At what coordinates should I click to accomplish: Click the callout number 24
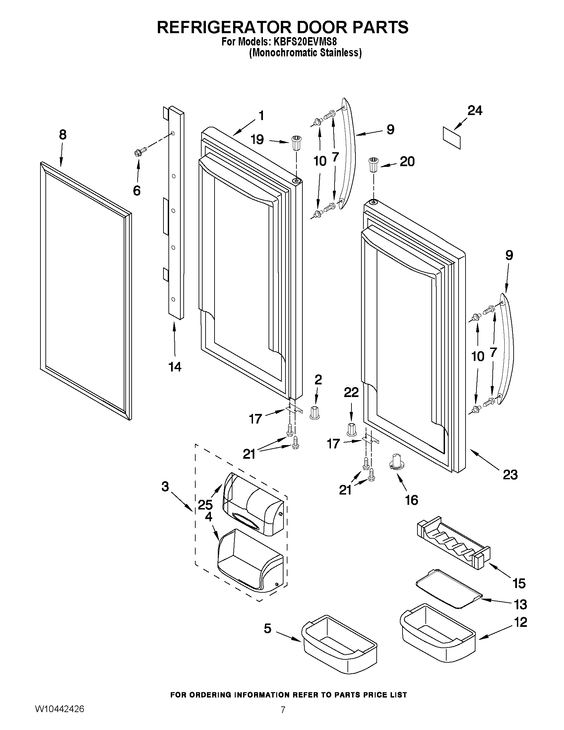tap(474, 111)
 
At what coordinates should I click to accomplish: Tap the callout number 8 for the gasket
tap(62, 135)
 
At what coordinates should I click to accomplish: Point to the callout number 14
tap(175, 367)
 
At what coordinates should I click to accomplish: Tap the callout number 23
tap(510, 475)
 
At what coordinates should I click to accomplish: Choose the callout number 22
tap(351, 392)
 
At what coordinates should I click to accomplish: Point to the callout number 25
tap(205, 504)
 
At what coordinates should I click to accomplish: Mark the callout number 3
tap(165, 486)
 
